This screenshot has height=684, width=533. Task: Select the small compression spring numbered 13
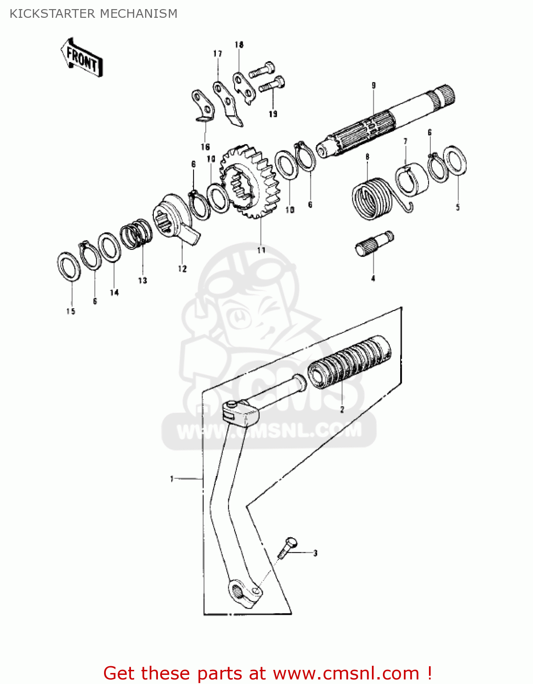click(x=136, y=234)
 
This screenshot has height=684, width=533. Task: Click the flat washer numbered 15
click(x=69, y=266)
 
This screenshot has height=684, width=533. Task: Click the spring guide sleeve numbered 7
click(x=412, y=179)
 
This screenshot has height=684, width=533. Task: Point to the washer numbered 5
click(x=455, y=160)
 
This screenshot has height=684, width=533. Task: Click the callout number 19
click(x=273, y=114)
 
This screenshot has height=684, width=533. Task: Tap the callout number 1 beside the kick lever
click(x=172, y=479)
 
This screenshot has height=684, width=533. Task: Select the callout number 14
click(x=114, y=292)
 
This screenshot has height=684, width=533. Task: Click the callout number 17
click(x=218, y=54)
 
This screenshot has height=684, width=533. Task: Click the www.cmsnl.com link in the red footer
click(x=345, y=673)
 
